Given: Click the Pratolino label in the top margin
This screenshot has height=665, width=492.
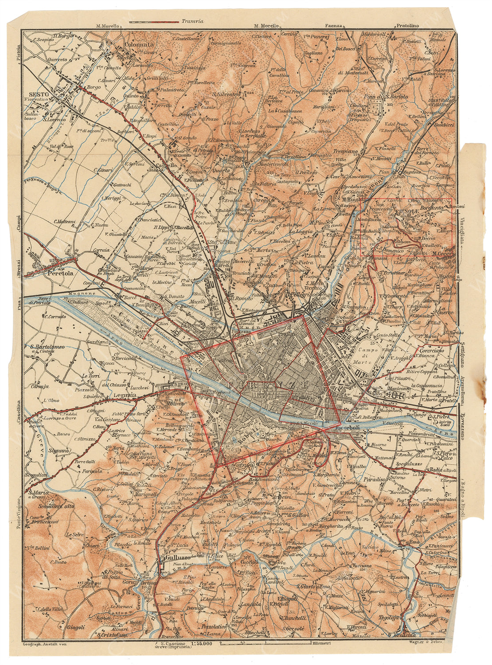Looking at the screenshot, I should (407, 26).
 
